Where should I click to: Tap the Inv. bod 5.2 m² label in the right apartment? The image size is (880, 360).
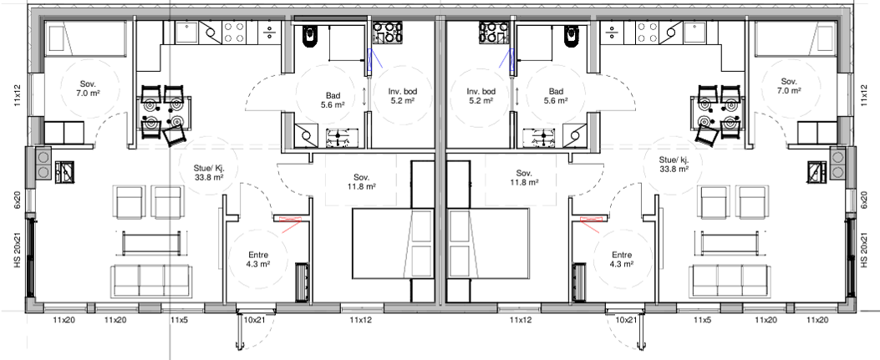(x=481, y=96)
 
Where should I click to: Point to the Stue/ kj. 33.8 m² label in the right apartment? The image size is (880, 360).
(x=673, y=164)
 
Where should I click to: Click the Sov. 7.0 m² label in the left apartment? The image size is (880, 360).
(x=88, y=89)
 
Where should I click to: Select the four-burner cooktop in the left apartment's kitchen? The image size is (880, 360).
(x=232, y=33)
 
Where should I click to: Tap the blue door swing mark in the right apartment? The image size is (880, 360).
(x=506, y=58)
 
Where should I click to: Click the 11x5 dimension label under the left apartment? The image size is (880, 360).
(x=179, y=320)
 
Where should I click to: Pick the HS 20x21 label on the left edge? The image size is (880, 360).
(x=16, y=251)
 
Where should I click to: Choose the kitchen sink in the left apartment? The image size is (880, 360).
(x=190, y=33)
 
